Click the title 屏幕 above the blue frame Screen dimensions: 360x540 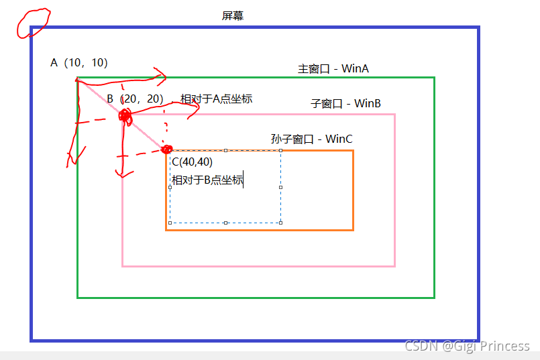pos(233,15)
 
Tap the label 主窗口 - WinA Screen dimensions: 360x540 pos(333,68)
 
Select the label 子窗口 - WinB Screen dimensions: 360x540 pos(346,103)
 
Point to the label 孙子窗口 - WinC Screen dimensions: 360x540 pos(311,139)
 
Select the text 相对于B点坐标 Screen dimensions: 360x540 pos(207,180)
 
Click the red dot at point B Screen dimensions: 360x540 pos(125,116)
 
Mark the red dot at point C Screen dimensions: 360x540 pos(167,149)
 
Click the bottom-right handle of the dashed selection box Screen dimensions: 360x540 pos(280,223)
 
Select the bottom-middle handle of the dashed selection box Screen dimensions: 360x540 pos(225,223)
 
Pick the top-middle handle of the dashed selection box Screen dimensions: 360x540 pos(225,150)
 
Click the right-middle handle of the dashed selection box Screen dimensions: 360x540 pos(280,187)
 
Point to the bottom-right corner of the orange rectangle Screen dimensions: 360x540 pos(353,230)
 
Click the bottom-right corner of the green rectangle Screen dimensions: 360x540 pos(434,297)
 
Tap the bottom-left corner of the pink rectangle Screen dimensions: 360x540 pos(123,265)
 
